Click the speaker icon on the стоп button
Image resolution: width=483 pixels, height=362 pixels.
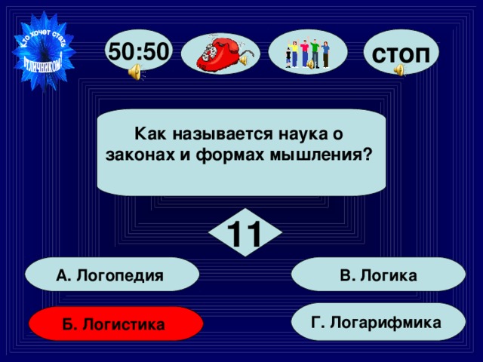(x=399, y=70)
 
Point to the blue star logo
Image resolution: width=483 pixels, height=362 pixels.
(x=45, y=50)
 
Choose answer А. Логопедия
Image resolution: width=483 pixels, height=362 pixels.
(x=111, y=275)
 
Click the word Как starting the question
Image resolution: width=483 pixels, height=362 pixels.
(x=146, y=135)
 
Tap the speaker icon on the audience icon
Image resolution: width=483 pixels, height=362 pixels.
(x=309, y=66)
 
